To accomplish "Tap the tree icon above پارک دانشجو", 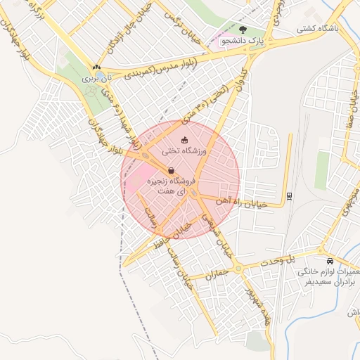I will tap(243, 30).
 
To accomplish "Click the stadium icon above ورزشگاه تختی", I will tap(184, 140).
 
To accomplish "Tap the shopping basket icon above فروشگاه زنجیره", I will tap(172, 170).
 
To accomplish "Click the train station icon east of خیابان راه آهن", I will tap(289, 195).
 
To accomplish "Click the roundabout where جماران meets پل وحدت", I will tap(239, 267).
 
